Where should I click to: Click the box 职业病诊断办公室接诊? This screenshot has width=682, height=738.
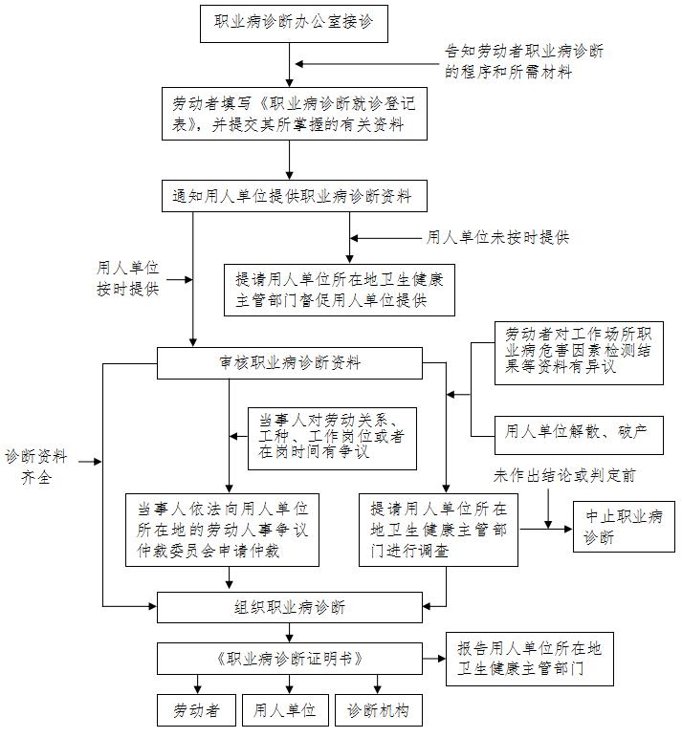click(x=294, y=24)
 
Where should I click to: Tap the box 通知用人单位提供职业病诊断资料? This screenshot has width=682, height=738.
click(x=292, y=197)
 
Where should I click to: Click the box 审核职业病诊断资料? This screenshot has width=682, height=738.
click(x=289, y=362)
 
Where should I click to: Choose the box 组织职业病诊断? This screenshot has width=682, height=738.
click(x=289, y=607)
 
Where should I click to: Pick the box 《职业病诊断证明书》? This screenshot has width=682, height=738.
click(x=289, y=659)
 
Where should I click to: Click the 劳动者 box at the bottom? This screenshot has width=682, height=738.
click(x=197, y=710)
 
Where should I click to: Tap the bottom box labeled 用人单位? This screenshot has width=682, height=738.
click(x=284, y=710)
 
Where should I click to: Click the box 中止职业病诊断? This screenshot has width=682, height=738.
click(x=624, y=527)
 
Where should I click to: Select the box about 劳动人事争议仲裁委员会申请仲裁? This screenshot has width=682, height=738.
click(x=223, y=530)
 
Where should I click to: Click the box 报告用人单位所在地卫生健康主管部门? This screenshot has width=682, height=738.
click(x=529, y=659)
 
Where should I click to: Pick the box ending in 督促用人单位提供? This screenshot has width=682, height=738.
click(x=340, y=290)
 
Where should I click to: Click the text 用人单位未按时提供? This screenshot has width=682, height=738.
click(x=497, y=237)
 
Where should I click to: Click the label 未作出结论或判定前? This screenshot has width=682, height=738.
click(x=564, y=475)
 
